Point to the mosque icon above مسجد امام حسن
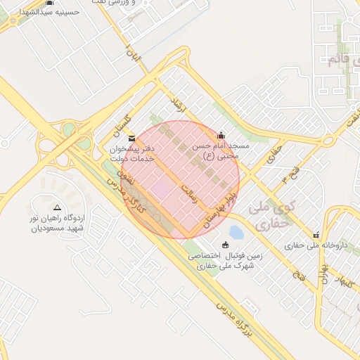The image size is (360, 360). click(x=222, y=136)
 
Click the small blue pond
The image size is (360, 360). click(x=236, y=232)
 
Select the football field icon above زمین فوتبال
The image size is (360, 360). click(x=225, y=245)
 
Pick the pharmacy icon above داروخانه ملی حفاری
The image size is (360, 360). click(x=316, y=236)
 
